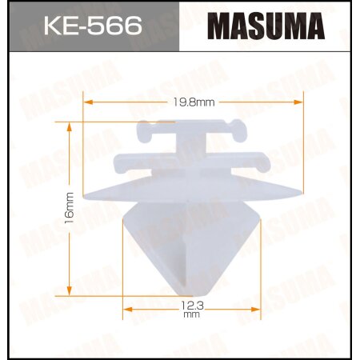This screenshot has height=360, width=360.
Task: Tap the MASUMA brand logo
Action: [266, 27]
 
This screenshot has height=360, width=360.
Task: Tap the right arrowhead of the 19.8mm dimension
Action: [302, 102]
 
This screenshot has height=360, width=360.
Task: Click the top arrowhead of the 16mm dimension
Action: [70, 125]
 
